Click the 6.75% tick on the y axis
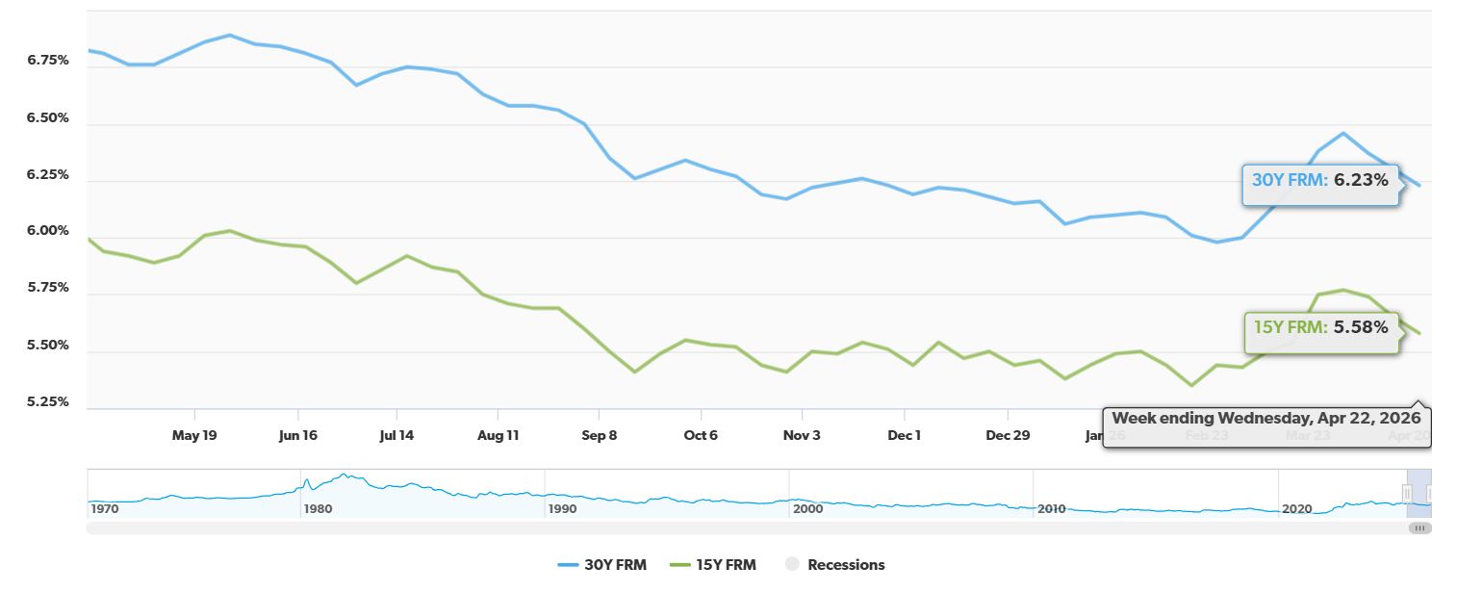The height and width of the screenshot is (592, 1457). (x=48, y=60)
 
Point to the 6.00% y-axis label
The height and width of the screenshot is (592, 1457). (x=48, y=231)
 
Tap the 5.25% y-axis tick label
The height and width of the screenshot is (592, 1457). (x=48, y=401)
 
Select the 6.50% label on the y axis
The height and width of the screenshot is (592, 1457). (x=48, y=117)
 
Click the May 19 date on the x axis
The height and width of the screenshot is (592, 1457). (x=194, y=435)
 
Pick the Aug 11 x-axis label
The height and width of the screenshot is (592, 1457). (x=498, y=435)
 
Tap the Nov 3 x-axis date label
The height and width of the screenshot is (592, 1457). (x=802, y=435)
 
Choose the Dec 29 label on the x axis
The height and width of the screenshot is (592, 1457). (x=1008, y=435)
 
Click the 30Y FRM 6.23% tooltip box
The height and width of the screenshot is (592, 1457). (x=1319, y=180)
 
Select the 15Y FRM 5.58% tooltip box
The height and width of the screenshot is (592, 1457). (x=1320, y=327)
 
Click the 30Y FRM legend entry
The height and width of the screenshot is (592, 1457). (x=602, y=565)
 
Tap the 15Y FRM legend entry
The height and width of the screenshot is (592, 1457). (x=713, y=565)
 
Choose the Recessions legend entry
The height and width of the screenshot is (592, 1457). (x=834, y=565)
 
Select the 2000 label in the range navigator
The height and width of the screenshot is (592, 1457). (x=807, y=508)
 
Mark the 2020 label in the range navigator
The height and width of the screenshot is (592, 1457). (x=1296, y=508)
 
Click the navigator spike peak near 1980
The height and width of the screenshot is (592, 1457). (x=342, y=475)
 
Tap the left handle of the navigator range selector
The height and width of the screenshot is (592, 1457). (x=1407, y=494)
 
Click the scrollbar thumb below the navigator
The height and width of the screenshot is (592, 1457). (x=1419, y=528)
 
